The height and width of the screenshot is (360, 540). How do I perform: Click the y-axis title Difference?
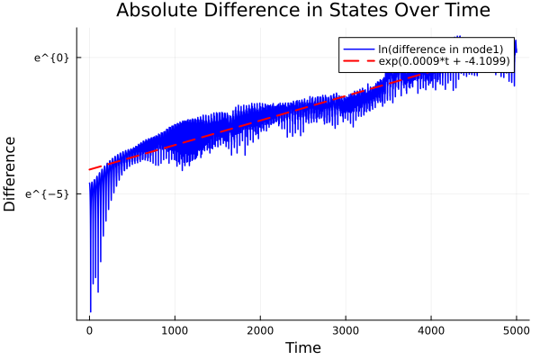point(11,174)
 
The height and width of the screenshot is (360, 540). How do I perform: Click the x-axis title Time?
point(302,347)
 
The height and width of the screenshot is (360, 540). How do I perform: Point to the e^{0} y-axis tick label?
point(52,58)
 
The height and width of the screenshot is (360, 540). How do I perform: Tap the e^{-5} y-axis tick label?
point(49,193)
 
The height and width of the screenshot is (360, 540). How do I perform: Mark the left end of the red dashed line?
point(89,169)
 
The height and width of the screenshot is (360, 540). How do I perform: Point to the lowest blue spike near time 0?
point(90,311)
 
